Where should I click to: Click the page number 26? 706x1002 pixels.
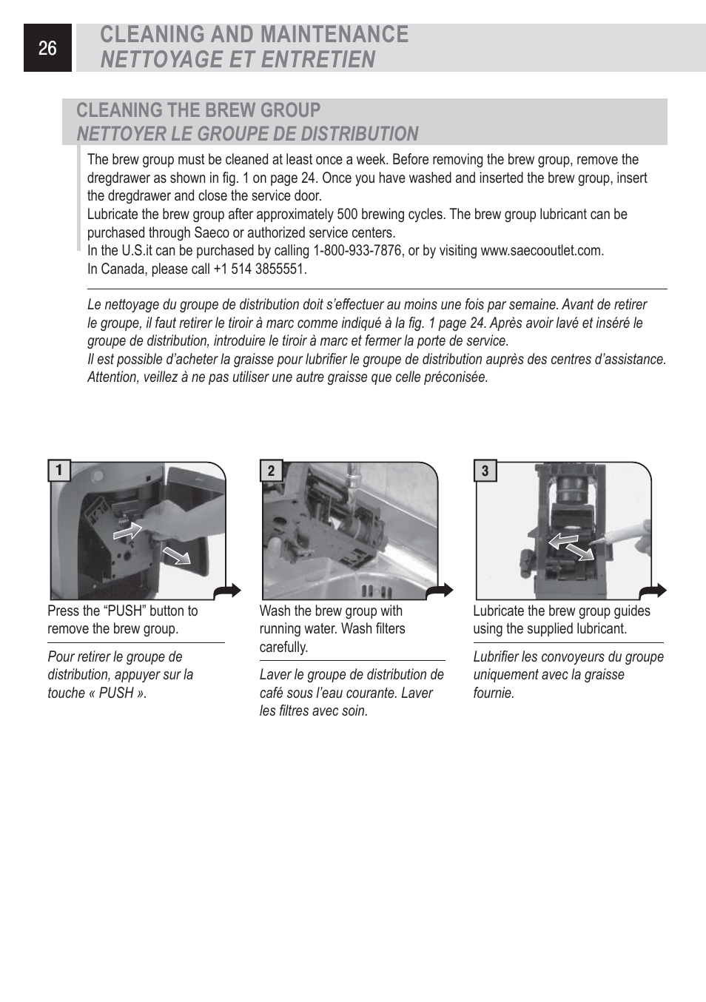click(47, 49)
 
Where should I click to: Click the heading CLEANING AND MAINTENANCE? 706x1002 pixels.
click(254, 35)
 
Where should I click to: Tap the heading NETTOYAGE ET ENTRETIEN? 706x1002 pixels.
click(238, 59)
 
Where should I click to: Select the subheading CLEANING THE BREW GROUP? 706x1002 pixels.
click(198, 110)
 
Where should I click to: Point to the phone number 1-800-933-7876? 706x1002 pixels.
click(358, 251)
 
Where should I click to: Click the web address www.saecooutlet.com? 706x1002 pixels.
click(542, 251)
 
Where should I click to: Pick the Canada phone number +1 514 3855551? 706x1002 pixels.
click(259, 269)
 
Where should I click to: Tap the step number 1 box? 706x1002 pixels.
click(59, 471)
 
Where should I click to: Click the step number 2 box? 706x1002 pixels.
click(272, 471)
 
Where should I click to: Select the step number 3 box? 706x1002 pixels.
click(485, 471)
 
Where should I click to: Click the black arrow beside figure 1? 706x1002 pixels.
click(226, 591)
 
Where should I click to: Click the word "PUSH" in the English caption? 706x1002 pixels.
click(126, 611)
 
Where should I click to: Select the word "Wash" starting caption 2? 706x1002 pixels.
click(275, 611)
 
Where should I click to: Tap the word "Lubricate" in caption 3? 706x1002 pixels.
click(499, 611)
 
